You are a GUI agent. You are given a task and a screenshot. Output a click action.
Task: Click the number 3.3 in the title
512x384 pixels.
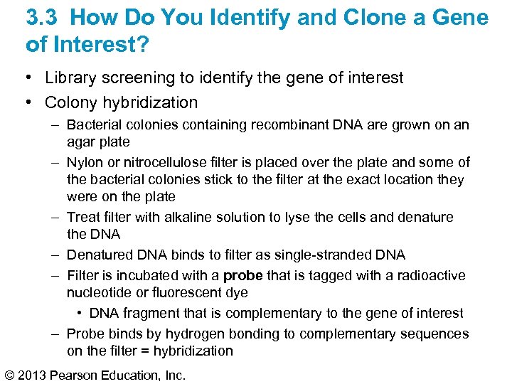[x=41, y=18]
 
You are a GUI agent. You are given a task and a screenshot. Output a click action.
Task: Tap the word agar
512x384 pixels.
[x=81, y=142]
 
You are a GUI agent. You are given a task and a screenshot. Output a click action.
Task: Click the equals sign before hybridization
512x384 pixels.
[x=145, y=351]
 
